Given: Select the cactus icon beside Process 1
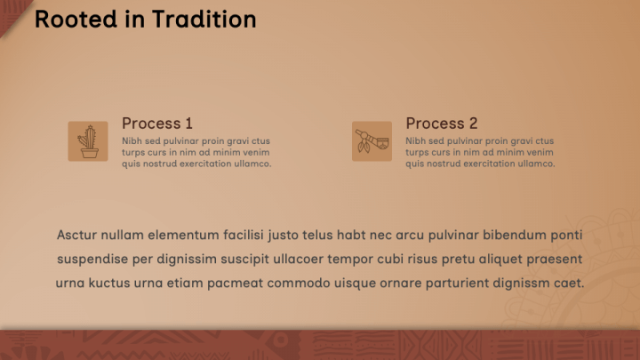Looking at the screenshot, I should [x=88, y=141].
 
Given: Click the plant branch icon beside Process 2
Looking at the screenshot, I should [x=372, y=141].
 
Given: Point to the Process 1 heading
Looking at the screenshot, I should [x=157, y=124].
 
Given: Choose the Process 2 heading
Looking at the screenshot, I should [x=442, y=124].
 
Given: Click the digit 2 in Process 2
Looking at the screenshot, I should [x=473, y=124].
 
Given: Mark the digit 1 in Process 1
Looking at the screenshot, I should [x=188, y=124].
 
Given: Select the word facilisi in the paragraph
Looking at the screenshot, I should [x=243, y=236].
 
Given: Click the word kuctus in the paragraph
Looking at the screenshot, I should [x=121, y=284].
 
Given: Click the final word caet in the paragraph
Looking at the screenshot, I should [x=569, y=284].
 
